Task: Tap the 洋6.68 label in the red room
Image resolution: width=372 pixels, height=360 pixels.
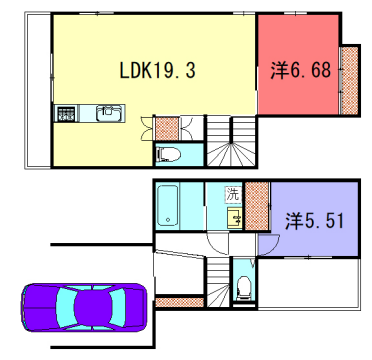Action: [x=301, y=71]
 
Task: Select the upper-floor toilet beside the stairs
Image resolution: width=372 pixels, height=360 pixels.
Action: [x=170, y=154]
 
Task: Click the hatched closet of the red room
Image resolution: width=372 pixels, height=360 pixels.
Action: [x=350, y=80]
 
